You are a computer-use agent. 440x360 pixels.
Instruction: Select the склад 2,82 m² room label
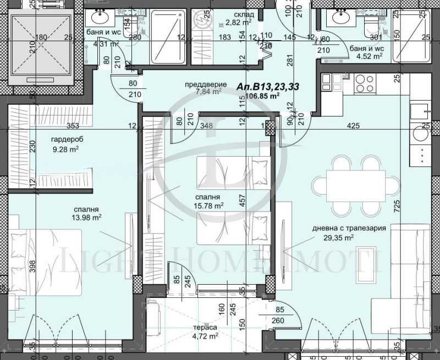pos(239,19)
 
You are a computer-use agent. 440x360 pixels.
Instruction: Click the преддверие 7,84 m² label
pos(203,88)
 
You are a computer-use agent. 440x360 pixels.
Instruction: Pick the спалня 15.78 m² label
pos(207,201)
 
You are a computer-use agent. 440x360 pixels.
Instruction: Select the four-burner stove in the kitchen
pos(364,83)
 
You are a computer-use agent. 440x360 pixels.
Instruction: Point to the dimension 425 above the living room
pos(353,126)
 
